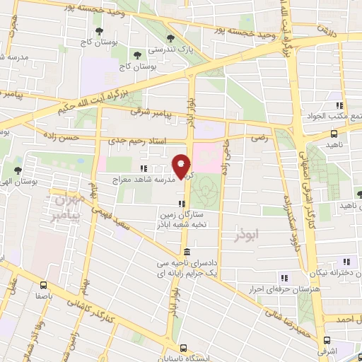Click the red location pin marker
182,166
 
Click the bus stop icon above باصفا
44,286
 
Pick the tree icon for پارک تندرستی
169,39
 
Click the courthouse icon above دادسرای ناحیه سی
187,252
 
